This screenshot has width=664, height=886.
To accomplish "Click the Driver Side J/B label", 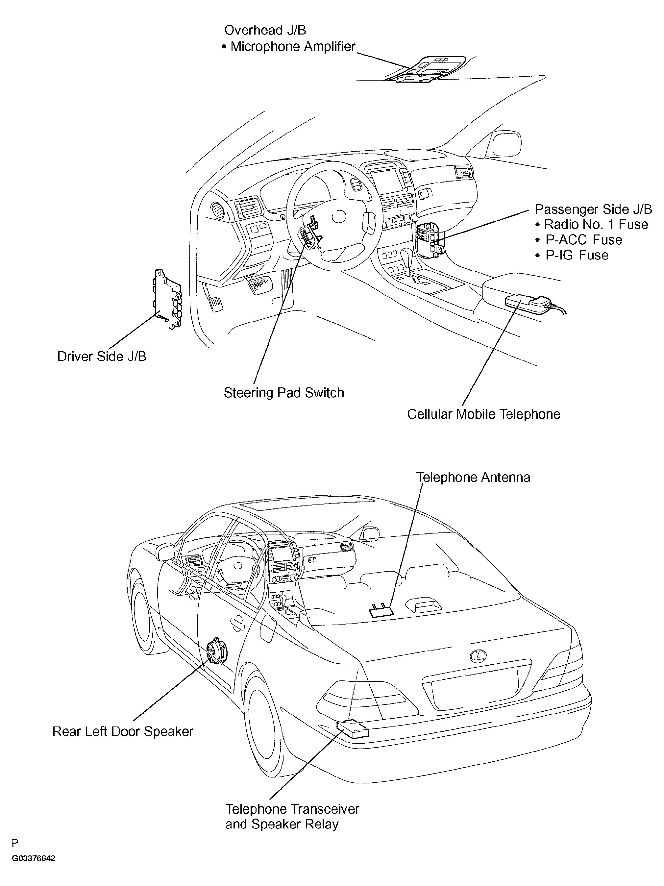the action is [x=102, y=357].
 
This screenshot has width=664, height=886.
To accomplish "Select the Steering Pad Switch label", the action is [x=283, y=393].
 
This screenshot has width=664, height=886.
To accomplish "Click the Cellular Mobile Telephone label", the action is [x=483, y=414].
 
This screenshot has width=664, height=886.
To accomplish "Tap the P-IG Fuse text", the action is [x=572, y=255].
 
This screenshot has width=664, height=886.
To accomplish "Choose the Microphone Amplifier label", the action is [x=288, y=47].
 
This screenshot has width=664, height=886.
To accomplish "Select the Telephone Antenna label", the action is [x=473, y=478].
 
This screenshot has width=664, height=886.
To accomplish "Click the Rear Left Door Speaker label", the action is [x=123, y=732].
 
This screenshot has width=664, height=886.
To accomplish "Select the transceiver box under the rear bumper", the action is [x=353, y=729].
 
